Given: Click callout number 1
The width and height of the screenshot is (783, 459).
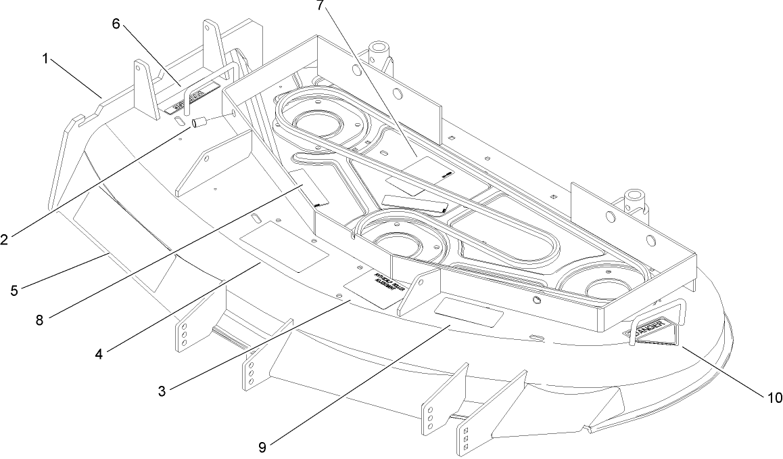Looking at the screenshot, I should pos(45,59).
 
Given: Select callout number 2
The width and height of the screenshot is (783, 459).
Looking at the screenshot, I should pos(5,238).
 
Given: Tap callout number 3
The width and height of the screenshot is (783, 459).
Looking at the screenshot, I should pos(162,391).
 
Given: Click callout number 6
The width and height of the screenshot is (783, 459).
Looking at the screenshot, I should pos(116,24).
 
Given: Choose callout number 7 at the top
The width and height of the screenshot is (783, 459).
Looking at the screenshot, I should pos(319,5).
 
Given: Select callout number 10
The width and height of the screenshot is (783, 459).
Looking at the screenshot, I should pos(774,397).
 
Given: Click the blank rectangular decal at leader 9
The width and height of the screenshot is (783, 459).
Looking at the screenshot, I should pos(469,312).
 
